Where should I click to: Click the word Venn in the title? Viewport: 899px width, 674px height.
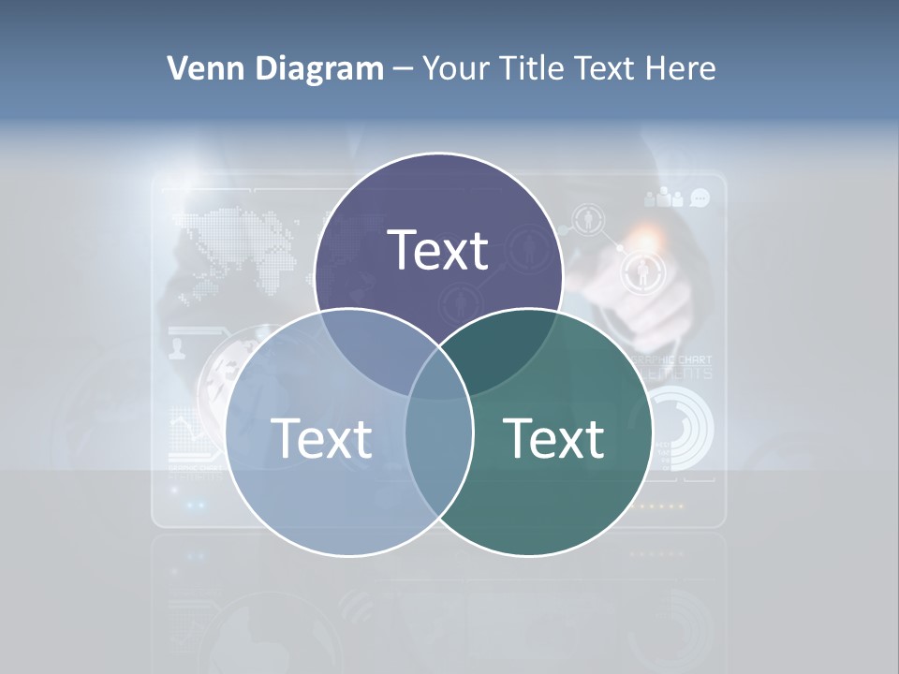(x=197, y=68)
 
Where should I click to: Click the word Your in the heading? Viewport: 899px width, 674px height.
(x=456, y=68)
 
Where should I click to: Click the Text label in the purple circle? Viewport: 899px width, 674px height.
(x=438, y=251)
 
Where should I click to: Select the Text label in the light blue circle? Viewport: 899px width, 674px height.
(x=321, y=438)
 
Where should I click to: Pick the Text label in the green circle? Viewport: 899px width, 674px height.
(x=553, y=438)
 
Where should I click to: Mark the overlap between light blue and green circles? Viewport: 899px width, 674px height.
(x=438, y=440)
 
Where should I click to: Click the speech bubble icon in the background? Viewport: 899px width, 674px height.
(x=700, y=198)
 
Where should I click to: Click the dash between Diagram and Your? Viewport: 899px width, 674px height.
(x=403, y=69)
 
